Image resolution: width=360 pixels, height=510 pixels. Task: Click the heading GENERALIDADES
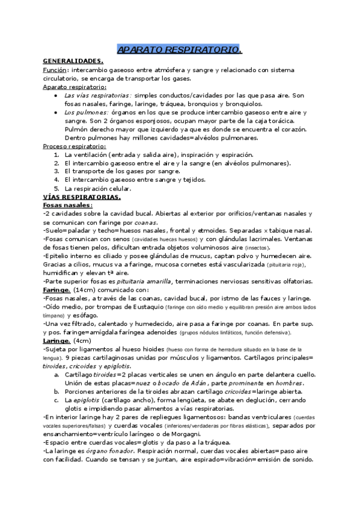point(73,61)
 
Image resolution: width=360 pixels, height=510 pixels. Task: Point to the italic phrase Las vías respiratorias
point(97,95)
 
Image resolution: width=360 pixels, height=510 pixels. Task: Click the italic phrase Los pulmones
point(86,112)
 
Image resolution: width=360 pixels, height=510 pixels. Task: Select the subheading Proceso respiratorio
point(75,146)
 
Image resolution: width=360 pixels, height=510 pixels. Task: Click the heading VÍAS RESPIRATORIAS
point(82,197)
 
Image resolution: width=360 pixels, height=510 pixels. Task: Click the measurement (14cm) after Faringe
point(85,289)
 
